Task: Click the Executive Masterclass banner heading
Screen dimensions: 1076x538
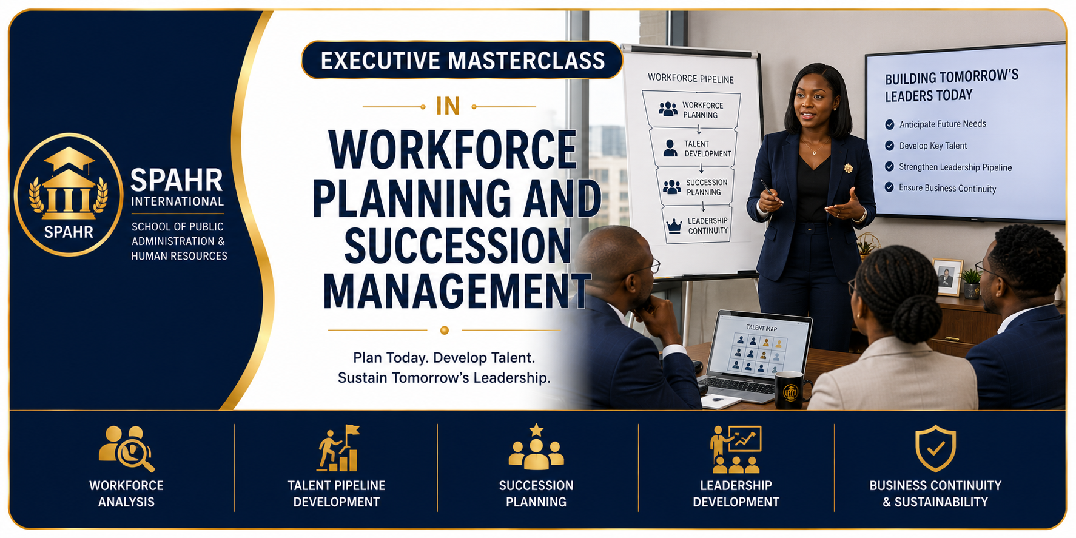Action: tap(462, 60)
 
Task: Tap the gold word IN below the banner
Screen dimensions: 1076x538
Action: tap(448, 106)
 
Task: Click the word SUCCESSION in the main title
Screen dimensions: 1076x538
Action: tap(458, 246)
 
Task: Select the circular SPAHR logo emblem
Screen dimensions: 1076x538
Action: tap(69, 194)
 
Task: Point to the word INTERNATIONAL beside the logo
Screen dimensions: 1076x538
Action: tap(178, 201)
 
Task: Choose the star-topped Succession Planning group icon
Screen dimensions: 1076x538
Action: tap(536, 447)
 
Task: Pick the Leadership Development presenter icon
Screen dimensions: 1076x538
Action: tap(736, 449)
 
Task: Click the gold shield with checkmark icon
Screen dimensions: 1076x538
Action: tap(935, 448)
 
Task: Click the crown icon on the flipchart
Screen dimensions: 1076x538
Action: tap(674, 226)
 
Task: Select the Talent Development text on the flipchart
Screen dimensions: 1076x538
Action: tap(708, 149)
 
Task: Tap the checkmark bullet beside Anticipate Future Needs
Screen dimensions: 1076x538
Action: tap(890, 124)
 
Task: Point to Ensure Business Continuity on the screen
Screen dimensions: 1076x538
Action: tap(947, 188)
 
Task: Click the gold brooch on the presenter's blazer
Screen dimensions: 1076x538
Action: tap(848, 168)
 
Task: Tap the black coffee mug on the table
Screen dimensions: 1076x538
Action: tap(792, 389)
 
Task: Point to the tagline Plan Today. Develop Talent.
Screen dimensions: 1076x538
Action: tap(444, 358)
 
